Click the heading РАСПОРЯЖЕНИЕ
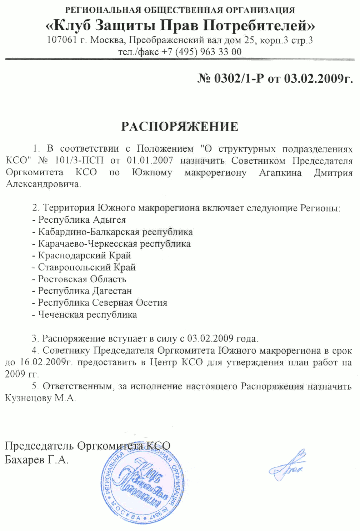(180, 127)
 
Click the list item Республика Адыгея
(82, 220)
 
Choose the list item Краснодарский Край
(85, 256)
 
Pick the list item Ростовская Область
(82, 279)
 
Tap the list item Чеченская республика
(87, 315)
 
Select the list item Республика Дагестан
(85, 291)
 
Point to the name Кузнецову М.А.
(40, 398)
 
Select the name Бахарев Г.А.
(36, 460)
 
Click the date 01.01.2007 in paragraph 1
(150, 161)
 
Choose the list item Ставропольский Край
(87, 267)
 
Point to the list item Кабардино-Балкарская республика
(115, 232)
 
